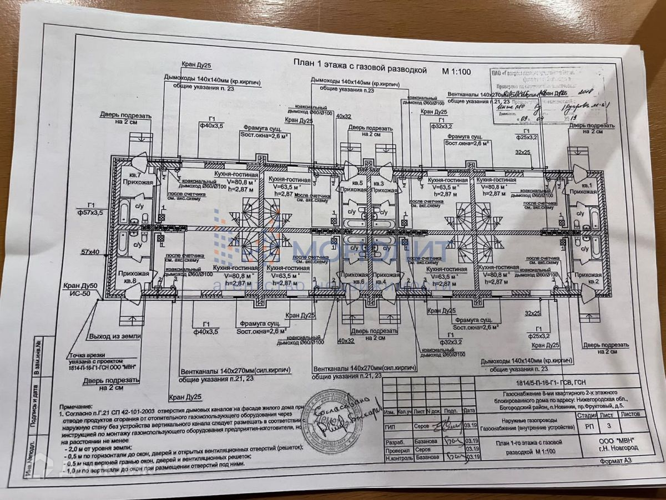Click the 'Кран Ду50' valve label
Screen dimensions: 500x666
point(81,286)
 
